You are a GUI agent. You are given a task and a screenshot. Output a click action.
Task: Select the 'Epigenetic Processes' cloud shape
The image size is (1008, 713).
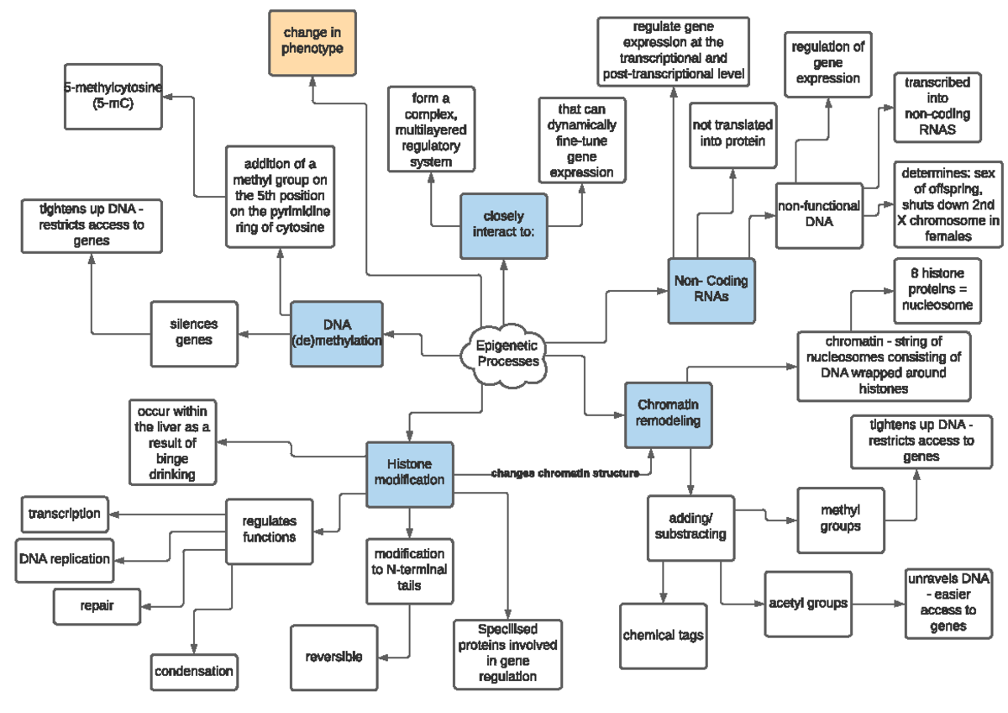pyautogui.click(x=507, y=354)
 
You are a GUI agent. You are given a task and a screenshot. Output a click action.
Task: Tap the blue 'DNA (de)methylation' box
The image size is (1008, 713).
pyautogui.click(x=336, y=334)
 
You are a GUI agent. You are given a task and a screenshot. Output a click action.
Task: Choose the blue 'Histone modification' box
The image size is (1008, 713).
pyautogui.click(x=409, y=473)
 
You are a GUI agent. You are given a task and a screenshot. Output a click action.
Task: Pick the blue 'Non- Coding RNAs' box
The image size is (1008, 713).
pyautogui.click(x=711, y=290)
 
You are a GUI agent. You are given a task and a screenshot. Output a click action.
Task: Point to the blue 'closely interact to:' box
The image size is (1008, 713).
pyautogui.click(x=503, y=224)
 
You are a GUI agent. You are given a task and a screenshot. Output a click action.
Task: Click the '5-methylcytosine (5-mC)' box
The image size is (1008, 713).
pyautogui.click(x=113, y=99)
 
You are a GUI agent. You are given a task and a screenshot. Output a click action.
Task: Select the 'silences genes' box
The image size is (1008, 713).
pyautogui.click(x=193, y=333)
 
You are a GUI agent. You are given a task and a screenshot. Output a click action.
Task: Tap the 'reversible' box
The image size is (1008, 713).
pyautogui.click(x=333, y=657)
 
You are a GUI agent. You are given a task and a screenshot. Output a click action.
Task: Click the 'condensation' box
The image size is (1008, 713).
pyautogui.click(x=194, y=671)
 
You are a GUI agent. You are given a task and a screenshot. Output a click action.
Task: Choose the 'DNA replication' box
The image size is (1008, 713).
pyautogui.click(x=64, y=559)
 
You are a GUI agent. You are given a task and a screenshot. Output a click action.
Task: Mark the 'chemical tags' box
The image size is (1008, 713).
pyautogui.click(x=663, y=636)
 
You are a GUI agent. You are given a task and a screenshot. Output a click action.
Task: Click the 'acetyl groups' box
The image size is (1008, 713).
pyautogui.click(x=808, y=604)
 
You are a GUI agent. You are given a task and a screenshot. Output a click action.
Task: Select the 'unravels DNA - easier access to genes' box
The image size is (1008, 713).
pyautogui.click(x=948, y=603)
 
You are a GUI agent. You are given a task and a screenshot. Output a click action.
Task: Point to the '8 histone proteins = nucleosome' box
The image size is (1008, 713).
pyautogui.click(x=937, y=290)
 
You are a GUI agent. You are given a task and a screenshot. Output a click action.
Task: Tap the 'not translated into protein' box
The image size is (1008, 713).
pyautogui.click(x=732, y=134)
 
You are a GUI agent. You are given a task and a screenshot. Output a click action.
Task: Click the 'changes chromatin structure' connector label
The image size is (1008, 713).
pyautogui.click(x=564, y=473)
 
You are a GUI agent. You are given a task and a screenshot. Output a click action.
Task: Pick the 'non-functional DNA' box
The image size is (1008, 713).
pyautogui.click(x=818, y=214)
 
